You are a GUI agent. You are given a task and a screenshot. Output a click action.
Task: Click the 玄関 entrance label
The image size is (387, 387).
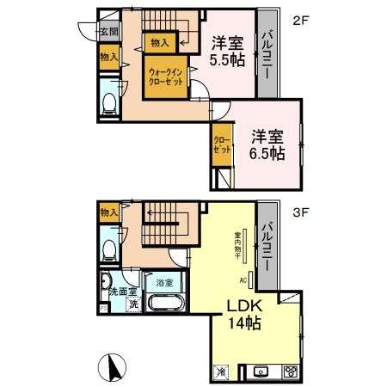(108, 32)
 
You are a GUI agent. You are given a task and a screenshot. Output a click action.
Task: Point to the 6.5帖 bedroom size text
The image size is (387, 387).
(267, 154)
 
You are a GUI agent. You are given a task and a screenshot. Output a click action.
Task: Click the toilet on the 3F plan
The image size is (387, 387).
(109, 249)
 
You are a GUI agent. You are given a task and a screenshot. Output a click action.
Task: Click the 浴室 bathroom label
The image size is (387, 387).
(163, 281)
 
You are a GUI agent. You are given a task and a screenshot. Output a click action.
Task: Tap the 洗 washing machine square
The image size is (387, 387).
(133, 303)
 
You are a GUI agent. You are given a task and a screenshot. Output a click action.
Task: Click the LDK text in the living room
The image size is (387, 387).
(243, 308)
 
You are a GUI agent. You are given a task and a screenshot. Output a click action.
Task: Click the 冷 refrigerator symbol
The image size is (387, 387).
(221, 371)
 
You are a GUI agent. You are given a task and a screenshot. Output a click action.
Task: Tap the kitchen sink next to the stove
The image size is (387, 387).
(263, 372)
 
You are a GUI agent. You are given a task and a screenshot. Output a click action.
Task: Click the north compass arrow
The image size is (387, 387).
(111, 367)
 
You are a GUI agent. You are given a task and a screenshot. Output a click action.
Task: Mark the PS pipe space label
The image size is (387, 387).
(103, 307)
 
